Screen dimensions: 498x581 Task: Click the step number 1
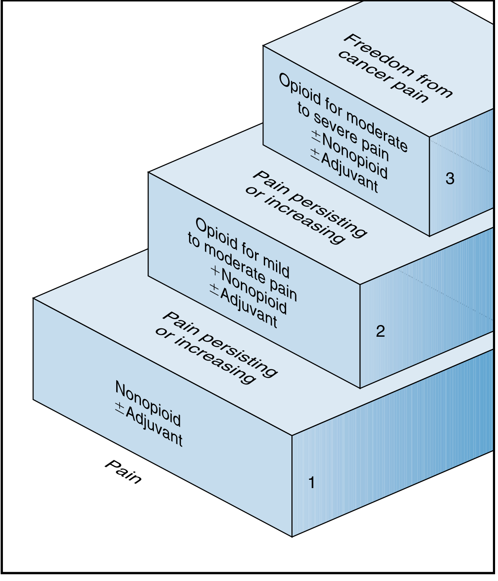pos(312,483)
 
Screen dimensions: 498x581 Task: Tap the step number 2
pos(380,331)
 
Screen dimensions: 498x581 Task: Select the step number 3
pos(450,178)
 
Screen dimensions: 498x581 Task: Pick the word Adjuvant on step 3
pos(349,172)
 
